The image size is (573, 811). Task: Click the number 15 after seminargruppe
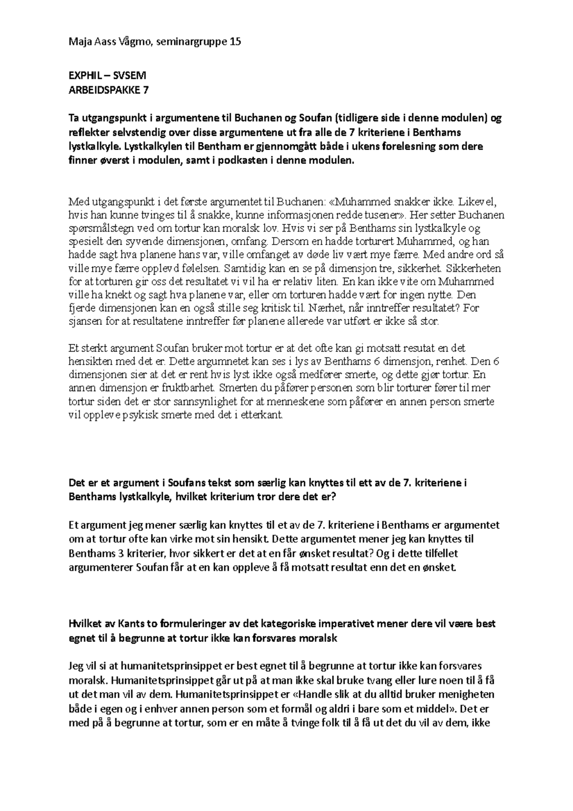click(235, 42)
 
